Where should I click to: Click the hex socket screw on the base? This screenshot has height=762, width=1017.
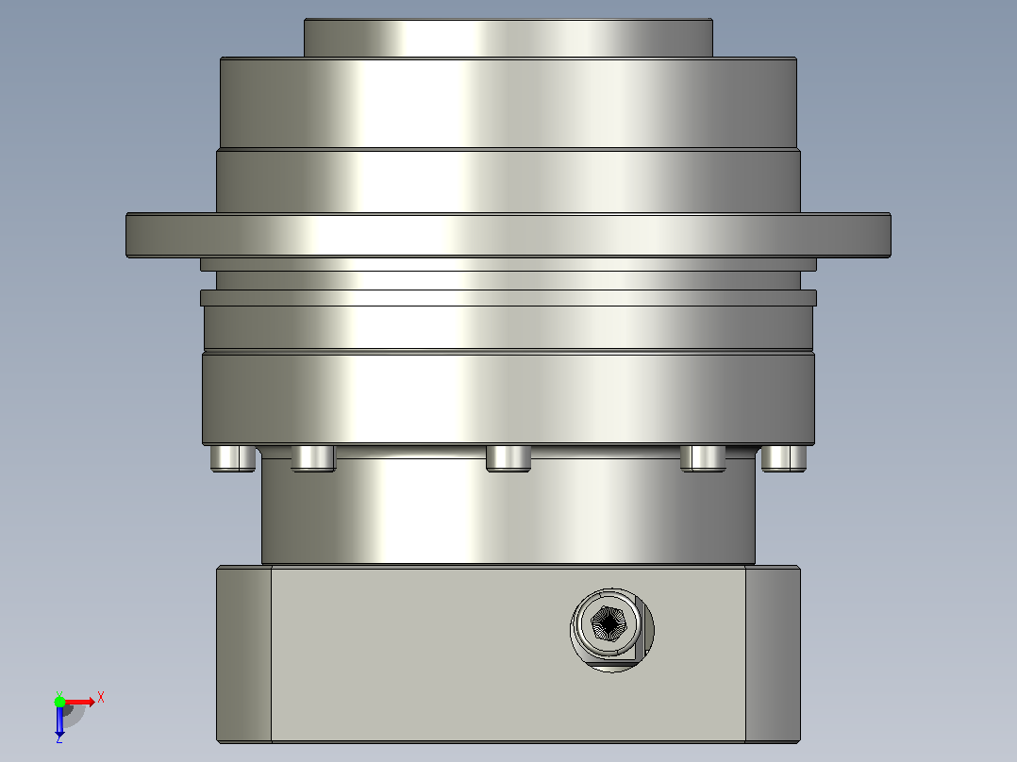click(x=611, y=630)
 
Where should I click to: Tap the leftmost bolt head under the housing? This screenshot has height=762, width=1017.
click(x=233, y=457)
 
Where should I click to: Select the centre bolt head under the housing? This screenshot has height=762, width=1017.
click(x=508, y=457)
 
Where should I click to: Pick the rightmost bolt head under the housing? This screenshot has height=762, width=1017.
click(x=783, y=457)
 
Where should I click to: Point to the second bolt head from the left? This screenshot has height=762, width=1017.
click(x=313, y=457)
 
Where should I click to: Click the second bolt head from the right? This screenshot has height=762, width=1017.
click(x=703, y=457)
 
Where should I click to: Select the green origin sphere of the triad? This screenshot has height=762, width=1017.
click(x=59, y=702)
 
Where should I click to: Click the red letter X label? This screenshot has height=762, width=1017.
click(x=101, y=698)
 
